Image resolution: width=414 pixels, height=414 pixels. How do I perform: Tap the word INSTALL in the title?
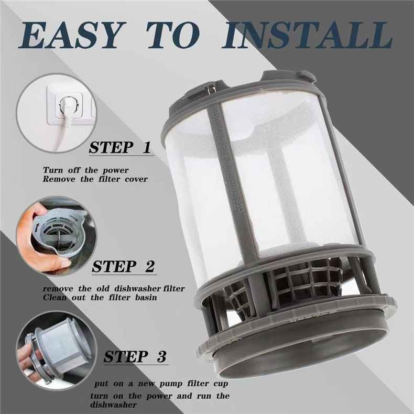point(307,36)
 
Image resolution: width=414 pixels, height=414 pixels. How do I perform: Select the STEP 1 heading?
point(120,148)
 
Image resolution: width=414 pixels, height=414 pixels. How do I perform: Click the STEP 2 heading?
point(123,266)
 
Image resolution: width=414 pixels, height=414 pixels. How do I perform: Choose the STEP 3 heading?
point(135,357)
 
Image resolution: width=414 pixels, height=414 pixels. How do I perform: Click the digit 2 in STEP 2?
point(149,266)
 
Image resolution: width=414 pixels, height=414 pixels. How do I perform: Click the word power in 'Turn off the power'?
point(116,170)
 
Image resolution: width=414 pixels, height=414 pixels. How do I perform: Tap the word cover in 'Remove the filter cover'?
point(136,179)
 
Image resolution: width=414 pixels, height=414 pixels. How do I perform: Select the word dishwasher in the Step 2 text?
point(137,288)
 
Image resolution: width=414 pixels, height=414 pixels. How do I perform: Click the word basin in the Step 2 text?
point(146,298)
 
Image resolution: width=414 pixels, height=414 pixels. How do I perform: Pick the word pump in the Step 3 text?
point(170,384)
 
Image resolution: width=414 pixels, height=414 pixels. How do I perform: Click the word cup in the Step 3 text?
point(221,384)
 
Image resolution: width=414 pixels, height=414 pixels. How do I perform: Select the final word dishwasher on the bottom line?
point(114,405)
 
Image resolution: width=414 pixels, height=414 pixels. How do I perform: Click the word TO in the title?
point(173,36)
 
